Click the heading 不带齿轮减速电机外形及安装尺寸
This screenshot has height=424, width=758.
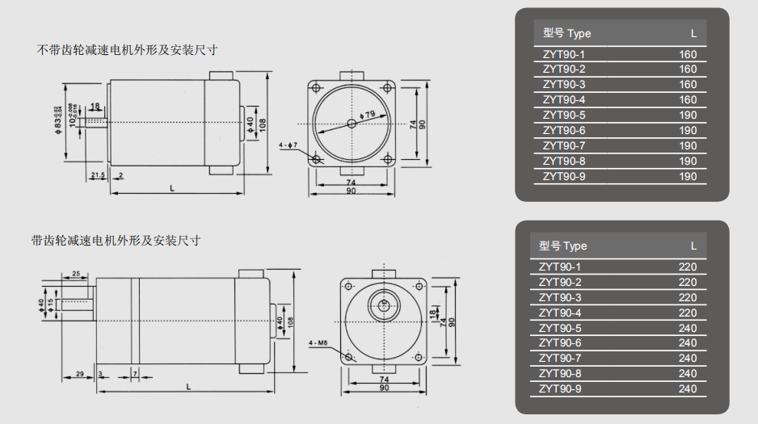pyautogui.click(x=128, y=50)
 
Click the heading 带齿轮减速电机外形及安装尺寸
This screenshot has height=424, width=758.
pyautogui.click(x=116, y=241)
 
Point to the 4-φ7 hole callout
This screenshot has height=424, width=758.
pyautogui.click(x=288, y=145)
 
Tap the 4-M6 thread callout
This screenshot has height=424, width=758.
pyautogui.click(x=317, y=343)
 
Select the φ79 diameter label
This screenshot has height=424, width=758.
pyautogui.click(x=368, y=115)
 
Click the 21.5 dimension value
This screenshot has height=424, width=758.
pyautogui.click(x=98, y=175)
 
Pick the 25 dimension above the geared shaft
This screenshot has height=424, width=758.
pyautogui.click(x=77, y=275)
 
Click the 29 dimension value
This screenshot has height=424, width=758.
pyautogui.click(x=79, y=374)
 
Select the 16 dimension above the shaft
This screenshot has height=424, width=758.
pyautogui.click(x=95, y=106)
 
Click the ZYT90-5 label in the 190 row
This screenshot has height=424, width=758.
pyautogui.click(x=564, y=115)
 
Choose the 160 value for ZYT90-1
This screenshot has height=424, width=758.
pyautogui.click(x=688, y=54)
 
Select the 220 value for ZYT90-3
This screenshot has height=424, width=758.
pyautogui.click(x=688, y=297)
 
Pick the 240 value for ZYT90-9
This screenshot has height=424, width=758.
pyautogui.click(x=688, y=388)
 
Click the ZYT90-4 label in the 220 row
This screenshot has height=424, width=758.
pyautogui.click(x=560, y=313)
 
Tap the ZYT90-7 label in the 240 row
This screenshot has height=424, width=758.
pyautogui.click(x=560, y=358)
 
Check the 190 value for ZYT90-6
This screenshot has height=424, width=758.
pyautogui.click(x=688, y=131)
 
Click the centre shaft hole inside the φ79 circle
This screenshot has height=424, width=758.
pyautogui.click(x=352, y=124)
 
